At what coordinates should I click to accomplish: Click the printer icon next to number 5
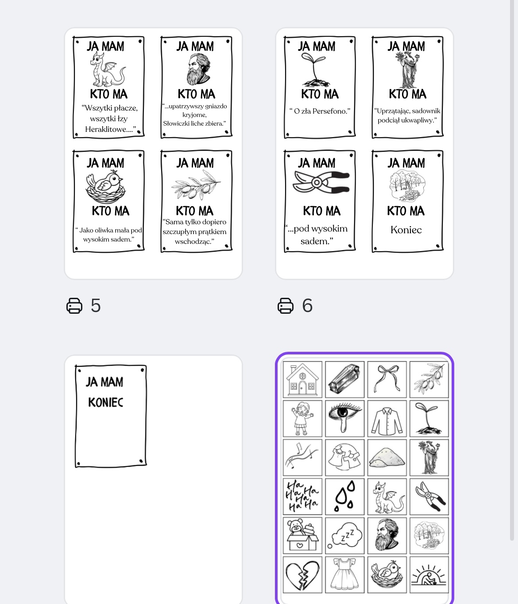click(x=74, y=306)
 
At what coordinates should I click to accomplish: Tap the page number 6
click(x=307, y=306)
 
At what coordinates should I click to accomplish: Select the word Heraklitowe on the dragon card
click(x=108, y=130)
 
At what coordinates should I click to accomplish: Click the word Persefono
click(x=329, y=112)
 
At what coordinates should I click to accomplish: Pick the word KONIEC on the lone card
click(x=105, y=402)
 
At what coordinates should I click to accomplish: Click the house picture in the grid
click(x=302, y=380)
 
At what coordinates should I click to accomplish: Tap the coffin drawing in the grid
click(x=344, y=379)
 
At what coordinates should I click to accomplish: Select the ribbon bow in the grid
click(x=387, y=379)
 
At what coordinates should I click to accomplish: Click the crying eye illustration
click(x=344, y=418)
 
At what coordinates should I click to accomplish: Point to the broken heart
click(x=302, y=574)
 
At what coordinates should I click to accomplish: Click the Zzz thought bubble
click(x=344, y=536)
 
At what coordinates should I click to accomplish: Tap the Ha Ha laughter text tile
click(x=302, y=497)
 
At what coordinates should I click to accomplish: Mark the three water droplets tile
click(x=345, y=496)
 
